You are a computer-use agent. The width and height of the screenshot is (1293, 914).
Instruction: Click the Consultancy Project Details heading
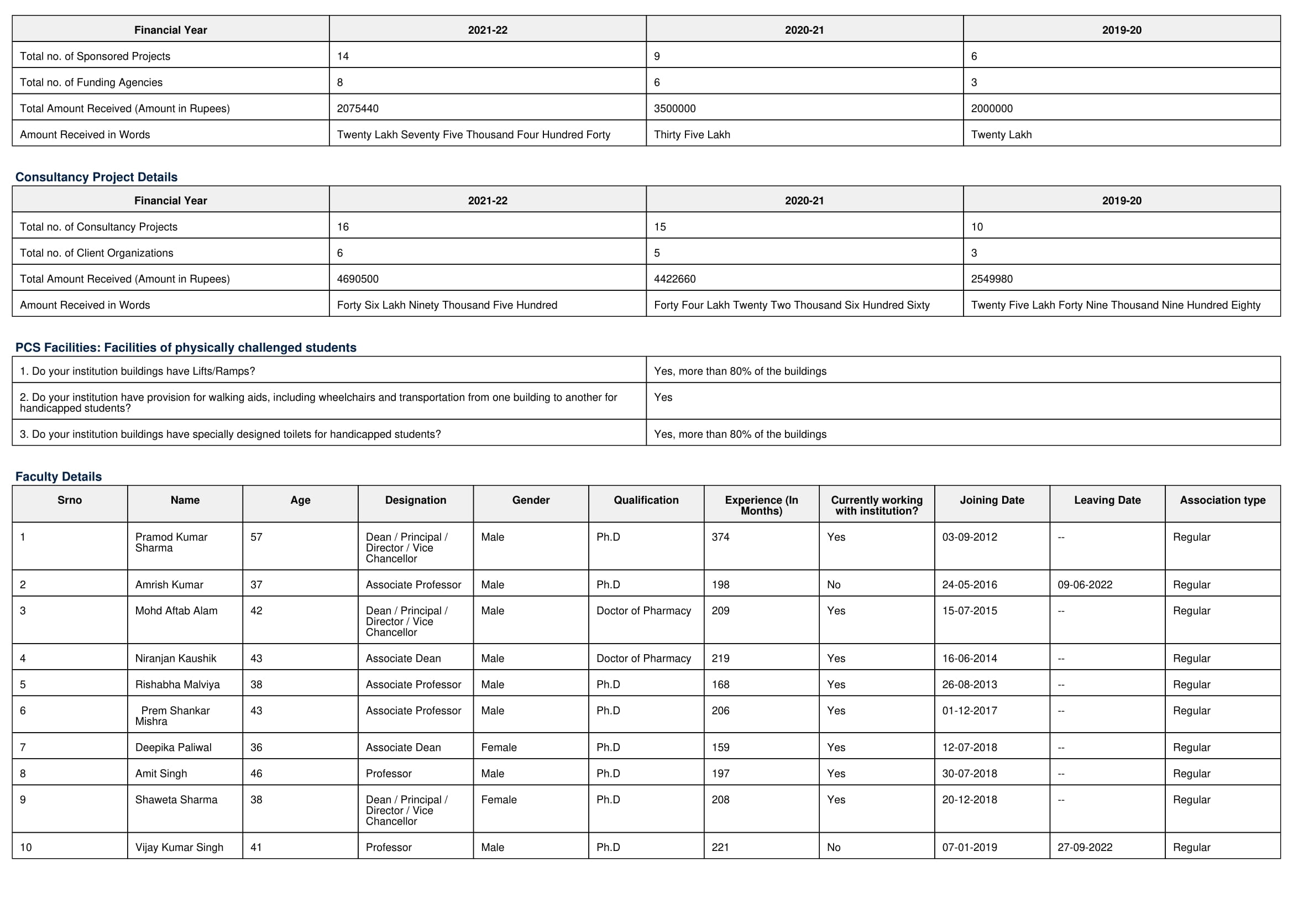click(96, 177)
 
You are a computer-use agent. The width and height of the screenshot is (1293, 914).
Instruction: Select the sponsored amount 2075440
click(358, 109)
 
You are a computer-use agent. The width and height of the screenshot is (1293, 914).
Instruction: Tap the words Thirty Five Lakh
click(692, 134)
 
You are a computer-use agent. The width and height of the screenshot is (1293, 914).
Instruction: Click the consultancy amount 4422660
click(674, 279)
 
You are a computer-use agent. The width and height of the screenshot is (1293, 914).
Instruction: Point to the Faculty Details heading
click(59, 477)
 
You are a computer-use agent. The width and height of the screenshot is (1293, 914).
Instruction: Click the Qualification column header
click(646, 500)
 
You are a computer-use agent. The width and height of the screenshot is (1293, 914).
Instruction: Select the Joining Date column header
click(992, 500)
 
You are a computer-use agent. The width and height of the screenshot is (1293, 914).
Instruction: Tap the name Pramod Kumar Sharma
click(171, 542)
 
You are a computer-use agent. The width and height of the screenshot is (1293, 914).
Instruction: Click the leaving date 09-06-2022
click(1085, 585)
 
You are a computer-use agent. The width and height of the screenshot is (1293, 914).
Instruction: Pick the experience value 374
click(720, 537)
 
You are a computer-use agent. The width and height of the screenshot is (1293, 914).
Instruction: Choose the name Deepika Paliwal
click(174, 748)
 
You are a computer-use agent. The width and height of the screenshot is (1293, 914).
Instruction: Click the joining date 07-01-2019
click(969, 848)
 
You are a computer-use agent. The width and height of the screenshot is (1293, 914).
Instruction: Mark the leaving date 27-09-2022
click(1085, 848)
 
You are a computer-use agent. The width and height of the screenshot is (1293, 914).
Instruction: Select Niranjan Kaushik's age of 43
click(256, 659)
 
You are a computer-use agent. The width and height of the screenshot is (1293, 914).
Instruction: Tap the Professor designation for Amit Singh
click(389, 774)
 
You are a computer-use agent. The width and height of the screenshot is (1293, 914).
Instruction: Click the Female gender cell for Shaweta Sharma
click(499, 800)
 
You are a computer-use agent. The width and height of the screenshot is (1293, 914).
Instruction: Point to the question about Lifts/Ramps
click(138, 372)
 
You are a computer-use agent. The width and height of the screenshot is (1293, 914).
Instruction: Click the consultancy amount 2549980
click(992, 279)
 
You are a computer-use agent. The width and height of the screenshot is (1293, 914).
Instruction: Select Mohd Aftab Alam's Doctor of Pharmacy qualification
click(643, 611)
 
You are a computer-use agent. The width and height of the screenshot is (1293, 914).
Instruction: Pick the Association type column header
click(1223, 500)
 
